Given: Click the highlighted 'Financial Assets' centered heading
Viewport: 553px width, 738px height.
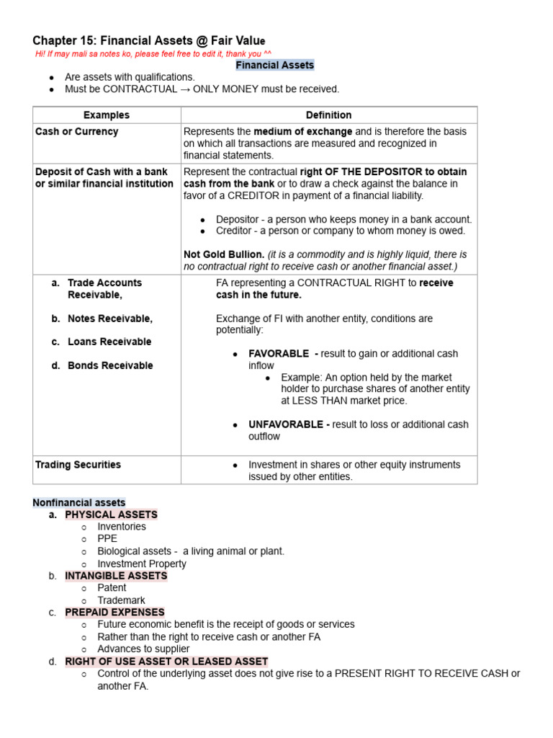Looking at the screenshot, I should (275, 65).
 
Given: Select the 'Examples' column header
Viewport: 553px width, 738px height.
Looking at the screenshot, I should (107, 115).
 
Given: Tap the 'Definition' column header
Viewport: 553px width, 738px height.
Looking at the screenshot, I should (328, 115).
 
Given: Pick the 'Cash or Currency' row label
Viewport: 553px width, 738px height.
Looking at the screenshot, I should (77, 132).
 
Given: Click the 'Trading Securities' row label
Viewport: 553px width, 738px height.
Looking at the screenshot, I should (78, 465).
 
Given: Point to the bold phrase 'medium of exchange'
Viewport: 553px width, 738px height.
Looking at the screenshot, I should (302, 132).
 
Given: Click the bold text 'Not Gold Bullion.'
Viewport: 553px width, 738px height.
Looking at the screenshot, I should (224, 254).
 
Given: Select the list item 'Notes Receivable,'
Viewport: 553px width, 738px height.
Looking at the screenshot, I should (110, 319).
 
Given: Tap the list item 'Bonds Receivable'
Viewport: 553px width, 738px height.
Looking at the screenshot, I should (110, 365).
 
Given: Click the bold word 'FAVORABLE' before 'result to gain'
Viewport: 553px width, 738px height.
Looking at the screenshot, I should (279, 354).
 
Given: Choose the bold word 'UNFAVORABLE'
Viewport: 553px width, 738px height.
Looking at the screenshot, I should (287, 424).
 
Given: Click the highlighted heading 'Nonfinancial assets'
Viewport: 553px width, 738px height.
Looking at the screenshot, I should (79, 502).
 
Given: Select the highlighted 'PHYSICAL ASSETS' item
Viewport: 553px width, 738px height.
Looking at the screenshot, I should (111, 515).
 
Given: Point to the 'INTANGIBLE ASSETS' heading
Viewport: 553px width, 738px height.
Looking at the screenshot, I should (116, 576).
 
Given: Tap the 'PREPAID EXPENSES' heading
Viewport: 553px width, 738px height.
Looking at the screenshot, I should (114, 612).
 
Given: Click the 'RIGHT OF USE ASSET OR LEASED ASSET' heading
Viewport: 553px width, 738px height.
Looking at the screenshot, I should (166, 661).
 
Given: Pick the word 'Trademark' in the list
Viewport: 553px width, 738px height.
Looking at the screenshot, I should (121, 600).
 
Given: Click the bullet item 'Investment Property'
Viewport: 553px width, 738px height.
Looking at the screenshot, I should (142, 564).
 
